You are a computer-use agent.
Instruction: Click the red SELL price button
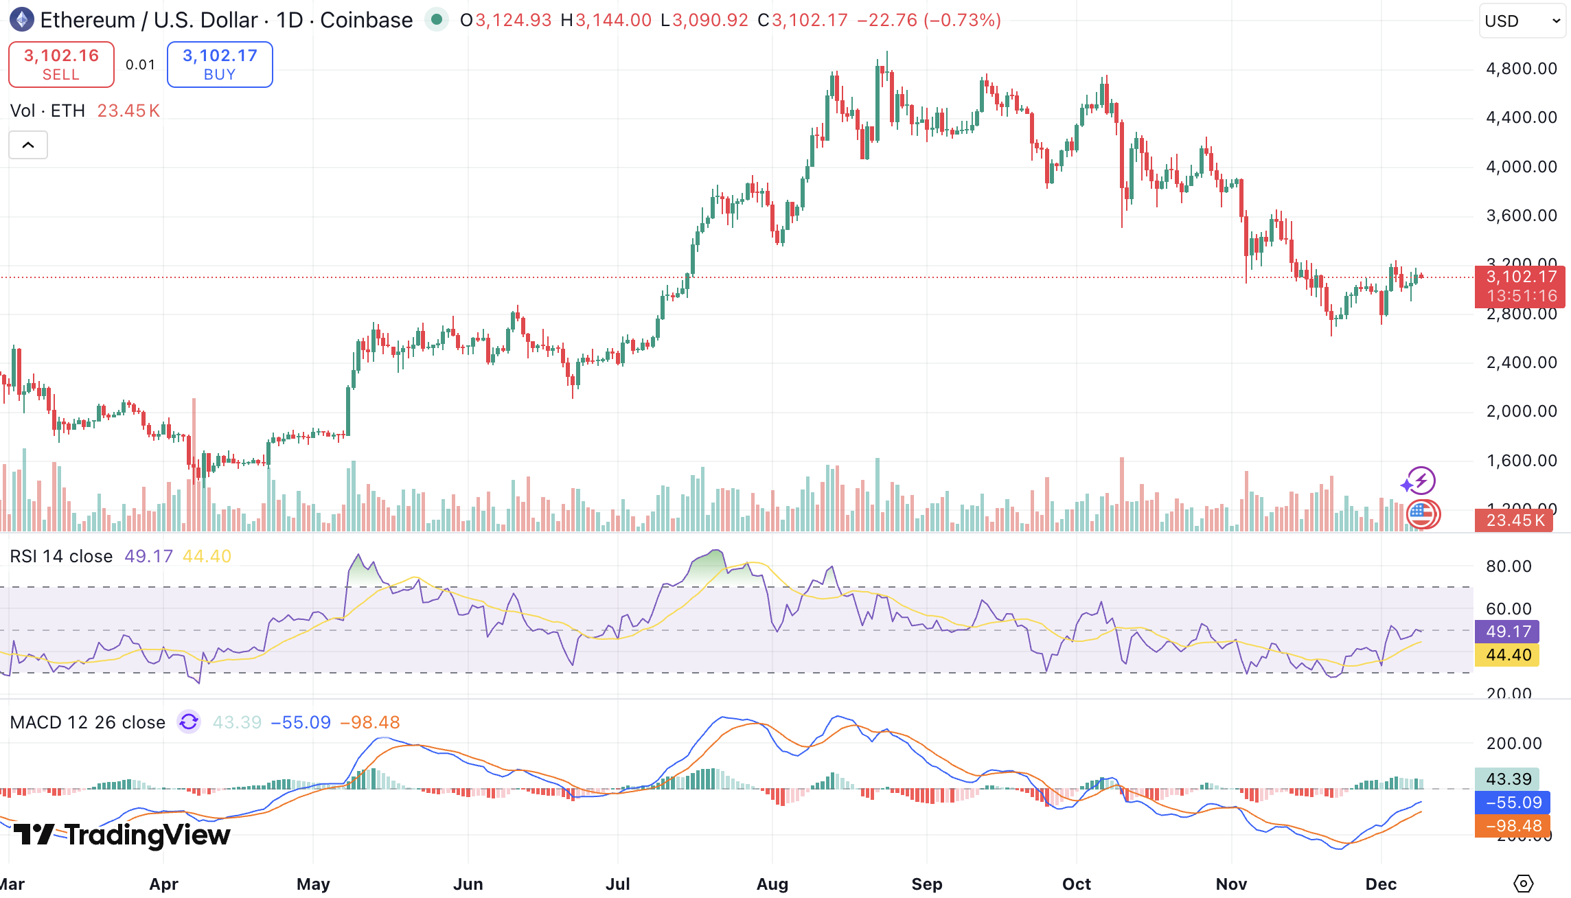(61, 65)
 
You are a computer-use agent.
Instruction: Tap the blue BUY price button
(220, 65)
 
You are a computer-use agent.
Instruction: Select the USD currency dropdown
(1522, 21)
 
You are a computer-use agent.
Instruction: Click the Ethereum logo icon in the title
(22, 20)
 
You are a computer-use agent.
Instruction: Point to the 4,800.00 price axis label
(1521, 69)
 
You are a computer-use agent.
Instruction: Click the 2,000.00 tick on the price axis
(1521, 411)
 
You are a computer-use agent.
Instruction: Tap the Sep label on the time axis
(926, 884)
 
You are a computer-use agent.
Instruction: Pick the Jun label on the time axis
(468, 884)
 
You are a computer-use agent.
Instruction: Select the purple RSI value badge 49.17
(1508, 632)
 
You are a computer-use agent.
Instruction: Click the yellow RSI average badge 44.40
(1508, 655)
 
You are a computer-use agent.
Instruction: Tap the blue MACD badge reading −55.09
(1508, 803)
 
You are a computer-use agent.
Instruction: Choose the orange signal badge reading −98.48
(1508, 826)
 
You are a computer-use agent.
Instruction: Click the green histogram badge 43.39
(1508, 779)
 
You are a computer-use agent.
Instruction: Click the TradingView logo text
(122, 835)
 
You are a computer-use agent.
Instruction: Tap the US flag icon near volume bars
(1422, 514)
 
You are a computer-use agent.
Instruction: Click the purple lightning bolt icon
(1420, 481)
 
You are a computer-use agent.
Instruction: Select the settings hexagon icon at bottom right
(1523, 884)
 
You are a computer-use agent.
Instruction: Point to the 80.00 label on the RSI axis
(1508, 566)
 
